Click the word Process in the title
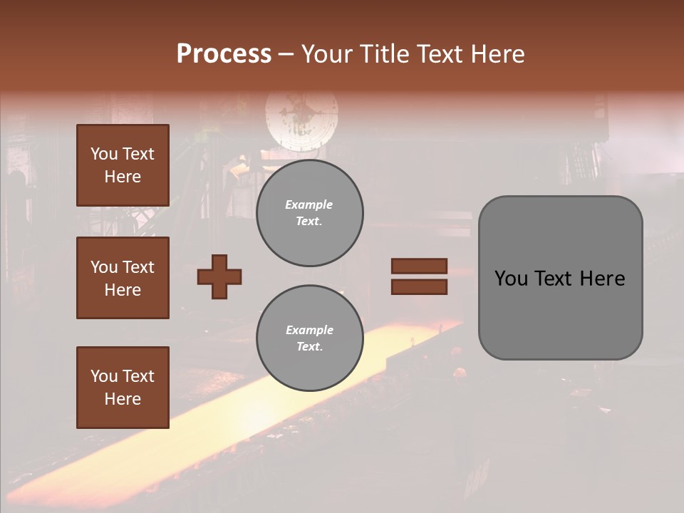(224, 54)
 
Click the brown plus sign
(219, 276)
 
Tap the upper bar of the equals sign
(419, 266)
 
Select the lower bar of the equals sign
(419, 287)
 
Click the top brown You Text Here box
(123, 165)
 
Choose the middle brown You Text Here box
(123, 278)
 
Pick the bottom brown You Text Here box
(123, 387)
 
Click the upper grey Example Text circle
(309, 213)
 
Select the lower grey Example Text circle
(309, 338)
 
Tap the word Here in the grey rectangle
(602, 279)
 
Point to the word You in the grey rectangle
(511, 279)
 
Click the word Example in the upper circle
(309, 204)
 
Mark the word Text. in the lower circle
(309, 347)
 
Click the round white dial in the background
(302, 118)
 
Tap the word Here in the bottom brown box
(123, 399)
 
